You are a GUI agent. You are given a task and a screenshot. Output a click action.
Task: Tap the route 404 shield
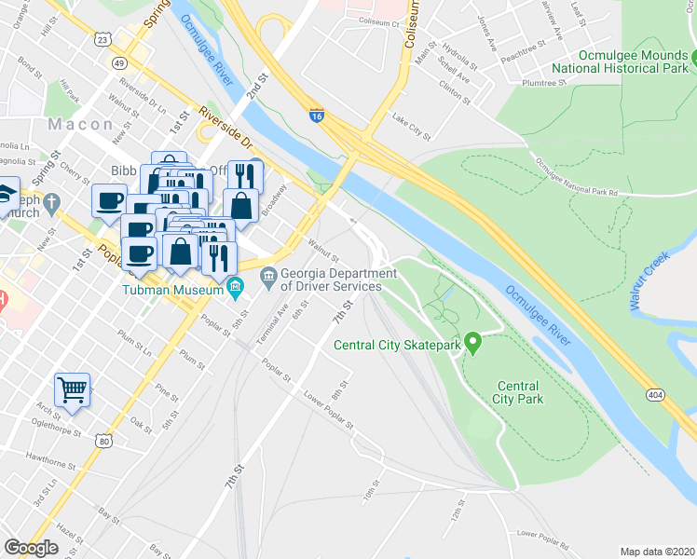(x=655, y=395)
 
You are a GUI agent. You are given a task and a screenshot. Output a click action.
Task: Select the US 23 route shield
(x=102, y=38)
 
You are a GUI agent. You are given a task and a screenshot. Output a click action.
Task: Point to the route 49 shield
(x=118, y=63)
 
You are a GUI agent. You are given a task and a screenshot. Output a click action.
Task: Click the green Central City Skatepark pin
(x=472, y=344)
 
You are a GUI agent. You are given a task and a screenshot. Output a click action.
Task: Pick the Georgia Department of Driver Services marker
(x=268, y=274)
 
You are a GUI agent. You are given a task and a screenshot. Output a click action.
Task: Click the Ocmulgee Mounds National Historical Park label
(x=621, y=61)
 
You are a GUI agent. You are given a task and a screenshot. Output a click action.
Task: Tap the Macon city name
(x=81, y=124)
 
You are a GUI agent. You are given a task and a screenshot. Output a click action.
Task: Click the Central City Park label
(x=519, y=392)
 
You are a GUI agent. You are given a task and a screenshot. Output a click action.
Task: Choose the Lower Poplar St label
(x=329, y=411)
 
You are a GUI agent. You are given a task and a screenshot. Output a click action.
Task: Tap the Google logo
(x=31, y=548)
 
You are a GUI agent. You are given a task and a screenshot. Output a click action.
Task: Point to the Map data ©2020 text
(x=656, y=552)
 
